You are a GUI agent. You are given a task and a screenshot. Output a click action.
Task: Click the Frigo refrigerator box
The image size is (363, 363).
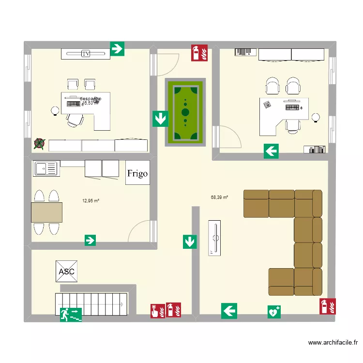pyautogui.click(x=137, y=173)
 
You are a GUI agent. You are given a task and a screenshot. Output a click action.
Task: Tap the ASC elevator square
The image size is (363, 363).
pyautogui.click(x=66, y=272)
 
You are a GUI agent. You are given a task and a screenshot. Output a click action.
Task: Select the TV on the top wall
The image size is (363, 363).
pyautogui.click(x=86, y=53)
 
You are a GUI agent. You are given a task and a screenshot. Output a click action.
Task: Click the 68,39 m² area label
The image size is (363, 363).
pyautogui.click(x=219, y=197)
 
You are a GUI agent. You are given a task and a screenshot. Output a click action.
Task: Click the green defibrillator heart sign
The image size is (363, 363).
pyautogui.click(x=274, y=312)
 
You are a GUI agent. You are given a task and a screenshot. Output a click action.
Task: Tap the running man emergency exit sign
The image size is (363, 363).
pyautogui.click(x=71, y=315)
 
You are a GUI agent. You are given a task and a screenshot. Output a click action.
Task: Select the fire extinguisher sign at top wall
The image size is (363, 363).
pyautogui.click(x=199, y=52)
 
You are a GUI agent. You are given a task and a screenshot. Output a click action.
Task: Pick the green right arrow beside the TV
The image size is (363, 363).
pyautogui.click(x=118, y=48)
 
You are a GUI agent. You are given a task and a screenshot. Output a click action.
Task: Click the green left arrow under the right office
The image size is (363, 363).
pyautogui.click(x=271, y=151)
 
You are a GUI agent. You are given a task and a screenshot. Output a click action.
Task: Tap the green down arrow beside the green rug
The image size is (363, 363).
pyautogui.click(x=160, y=119)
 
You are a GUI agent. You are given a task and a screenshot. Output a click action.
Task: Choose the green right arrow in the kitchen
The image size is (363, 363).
pyautogui.click(x=90, y=240)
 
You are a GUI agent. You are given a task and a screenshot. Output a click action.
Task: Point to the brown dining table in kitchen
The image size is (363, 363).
pyautogui.click(x=46, y=212)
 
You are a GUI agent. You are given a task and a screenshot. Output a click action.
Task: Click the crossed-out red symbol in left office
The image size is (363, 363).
pyautogui.click(x=39, y=143)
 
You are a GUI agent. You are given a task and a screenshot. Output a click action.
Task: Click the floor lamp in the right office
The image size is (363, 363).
pyautogui.click(x=316, y=117)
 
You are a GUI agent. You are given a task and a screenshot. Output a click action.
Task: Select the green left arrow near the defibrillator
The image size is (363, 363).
pyautogui.click(x=229, y=311)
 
